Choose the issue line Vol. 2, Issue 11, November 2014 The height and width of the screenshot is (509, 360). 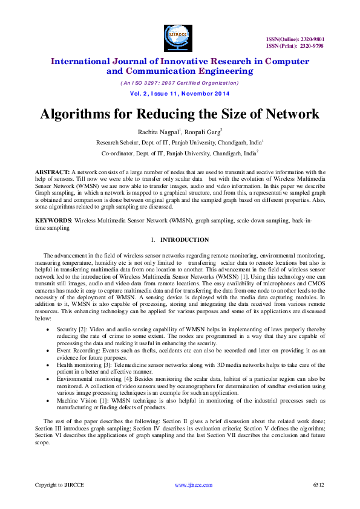pyautogui.click(x=180, y=94)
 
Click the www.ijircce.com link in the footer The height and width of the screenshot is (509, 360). pyautogui.click(x=193, y=485)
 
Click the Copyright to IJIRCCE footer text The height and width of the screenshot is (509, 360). pyautogui.click(x=59, y=485)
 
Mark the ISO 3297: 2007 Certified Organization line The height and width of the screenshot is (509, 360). pyautogui.click(x=180, y=83)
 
